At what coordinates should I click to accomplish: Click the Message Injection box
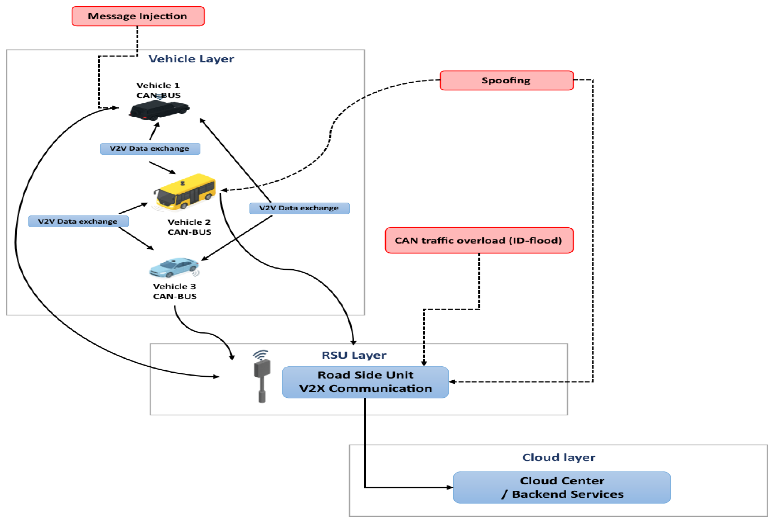click(x=138, y=16)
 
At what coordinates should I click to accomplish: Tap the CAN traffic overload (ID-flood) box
click(x=479, y=240)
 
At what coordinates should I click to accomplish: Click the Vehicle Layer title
click(x=191, y=59)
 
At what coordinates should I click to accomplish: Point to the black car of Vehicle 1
click(x=159, y=109)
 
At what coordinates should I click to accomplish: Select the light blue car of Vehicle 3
click(x=174, y=267)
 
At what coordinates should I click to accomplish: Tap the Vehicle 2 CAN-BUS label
click(x=189, y=227)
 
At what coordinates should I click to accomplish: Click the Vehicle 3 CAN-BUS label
click(x=175, y=291)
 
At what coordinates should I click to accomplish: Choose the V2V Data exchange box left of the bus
click(x=78, y=221)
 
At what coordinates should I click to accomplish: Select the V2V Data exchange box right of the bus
click(x=299, y=208)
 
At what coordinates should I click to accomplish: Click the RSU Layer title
click(x=354, y=355)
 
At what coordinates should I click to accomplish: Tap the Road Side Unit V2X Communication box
click(x=365, y=382)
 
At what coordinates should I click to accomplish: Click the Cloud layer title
click(x=558, y=457)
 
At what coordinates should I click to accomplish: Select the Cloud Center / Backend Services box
click(x=561, y=487)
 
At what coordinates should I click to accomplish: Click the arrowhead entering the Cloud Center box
click(x=450, y=487)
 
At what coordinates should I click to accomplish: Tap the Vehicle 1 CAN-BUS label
click(x=158, y=90)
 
